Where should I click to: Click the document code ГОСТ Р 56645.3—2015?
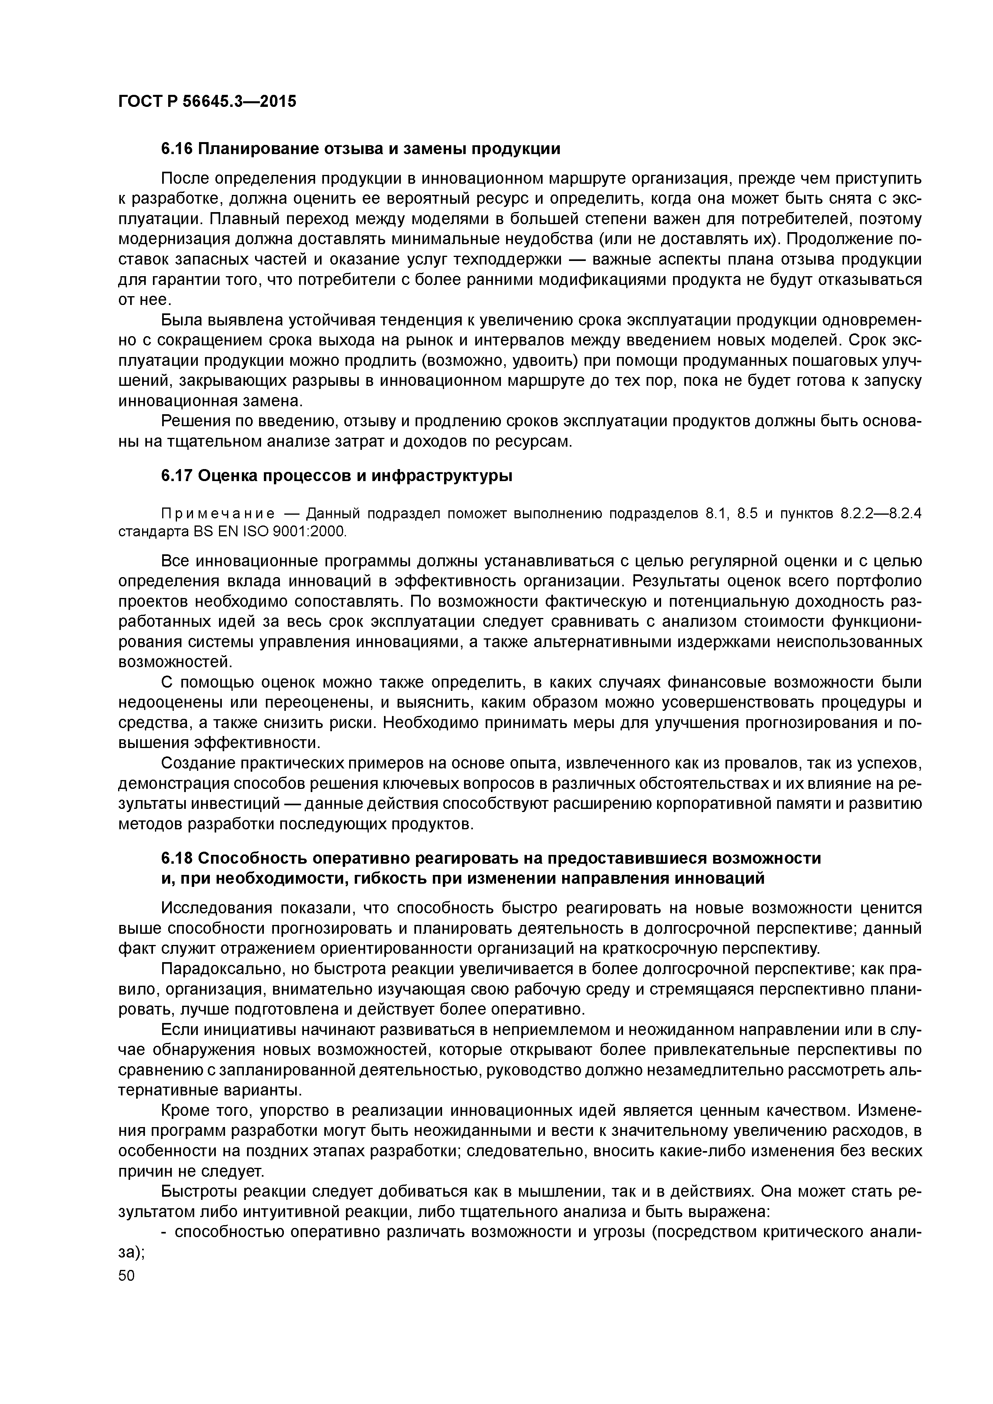tap(207, 101)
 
